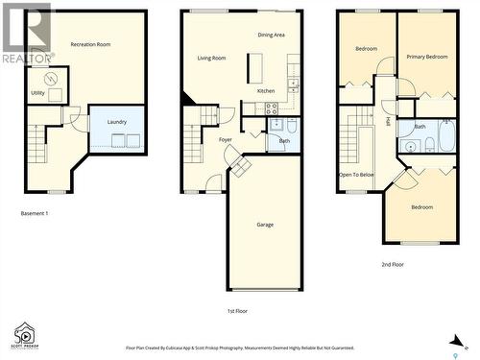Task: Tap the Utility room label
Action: point(37,93)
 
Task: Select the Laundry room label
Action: point(117,122)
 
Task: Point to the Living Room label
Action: point(211,59)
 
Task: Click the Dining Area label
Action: point(271,35)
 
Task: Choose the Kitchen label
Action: point(265,91)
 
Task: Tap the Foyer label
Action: point(225,140)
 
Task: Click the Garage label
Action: point(265,225)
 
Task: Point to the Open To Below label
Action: point(356,176)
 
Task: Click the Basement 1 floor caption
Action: point(34,213)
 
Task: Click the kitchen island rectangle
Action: point(255,68)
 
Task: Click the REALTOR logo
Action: point(26,34)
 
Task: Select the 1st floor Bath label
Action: point(284,142)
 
